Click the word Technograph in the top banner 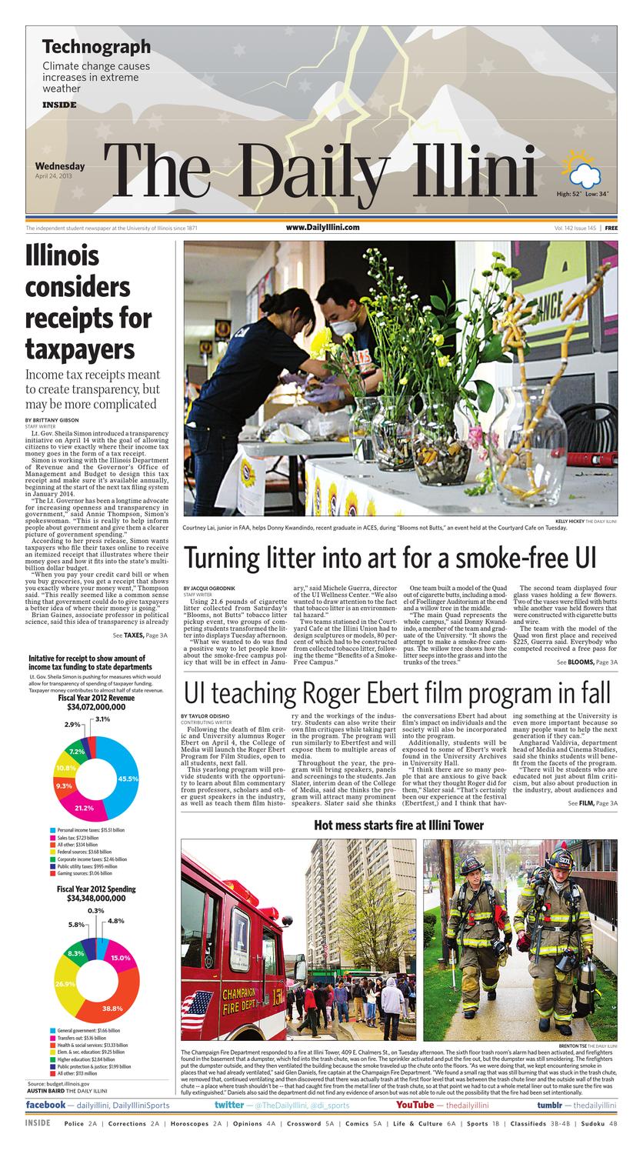coord(96,47)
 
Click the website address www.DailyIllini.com coord(322,228)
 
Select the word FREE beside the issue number coord(611,228)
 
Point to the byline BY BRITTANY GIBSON coord(52,419)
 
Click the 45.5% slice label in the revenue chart coord(128,779)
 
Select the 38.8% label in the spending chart coord(112,1007)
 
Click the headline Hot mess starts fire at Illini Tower coord(398,825)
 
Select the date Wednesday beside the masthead coord(60,166)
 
